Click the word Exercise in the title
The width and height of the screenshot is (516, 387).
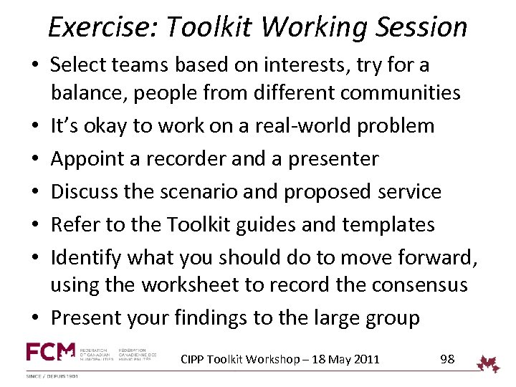click(97, 27)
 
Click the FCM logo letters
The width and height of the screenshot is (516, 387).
click(51, 352)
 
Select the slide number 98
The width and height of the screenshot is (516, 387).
click(447, 359)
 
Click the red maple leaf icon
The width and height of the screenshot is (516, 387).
click(490, 363)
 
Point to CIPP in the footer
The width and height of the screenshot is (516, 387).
click(193, 359)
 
